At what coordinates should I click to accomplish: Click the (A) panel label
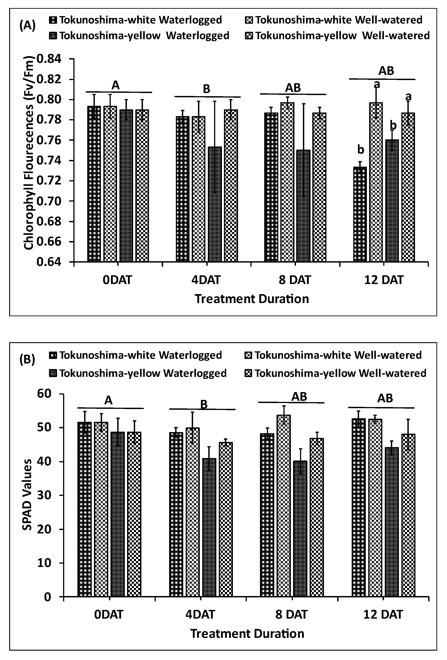(27, 25)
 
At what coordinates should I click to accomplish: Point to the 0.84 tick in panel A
(49, 59)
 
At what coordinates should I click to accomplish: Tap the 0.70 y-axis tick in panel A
(49, 201)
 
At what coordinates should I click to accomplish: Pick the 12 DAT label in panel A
(384, 280)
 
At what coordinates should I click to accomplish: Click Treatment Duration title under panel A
(252, 299)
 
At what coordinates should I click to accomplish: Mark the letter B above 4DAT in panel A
(206, 89)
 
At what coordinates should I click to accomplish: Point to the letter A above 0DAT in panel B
(108, 400)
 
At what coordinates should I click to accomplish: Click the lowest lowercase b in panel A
(361, 149)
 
